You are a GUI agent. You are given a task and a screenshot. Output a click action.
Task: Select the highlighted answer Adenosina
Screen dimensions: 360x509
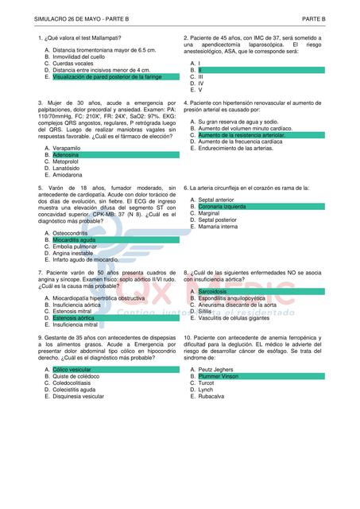[66, 154]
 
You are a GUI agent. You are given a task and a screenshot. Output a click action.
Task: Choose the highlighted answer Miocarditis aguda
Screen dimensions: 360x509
[75, 239]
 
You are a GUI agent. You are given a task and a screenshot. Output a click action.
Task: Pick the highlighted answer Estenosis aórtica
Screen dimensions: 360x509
[74, 317]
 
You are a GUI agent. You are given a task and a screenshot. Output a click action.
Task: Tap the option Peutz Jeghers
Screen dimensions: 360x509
[216, 370]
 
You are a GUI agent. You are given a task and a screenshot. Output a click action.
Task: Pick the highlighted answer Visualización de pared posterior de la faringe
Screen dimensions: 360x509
[107, 77]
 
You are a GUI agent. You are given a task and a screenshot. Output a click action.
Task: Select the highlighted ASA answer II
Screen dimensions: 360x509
[200, 70]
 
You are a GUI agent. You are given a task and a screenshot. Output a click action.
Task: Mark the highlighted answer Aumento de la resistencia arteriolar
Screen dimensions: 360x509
[241, 135]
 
